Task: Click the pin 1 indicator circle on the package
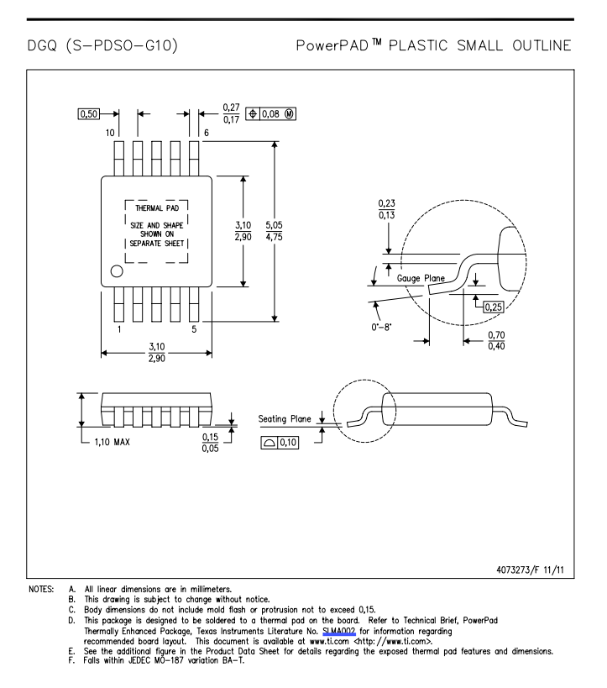[117, 271]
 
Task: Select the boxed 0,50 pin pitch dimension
[89, 114]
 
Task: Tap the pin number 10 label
[110, 133]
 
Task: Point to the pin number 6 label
[207, 133]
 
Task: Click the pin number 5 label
[194, 329]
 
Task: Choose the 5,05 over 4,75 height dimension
[274, 231]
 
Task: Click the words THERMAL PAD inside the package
[157, 208]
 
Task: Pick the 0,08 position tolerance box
[270, 114]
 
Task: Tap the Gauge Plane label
[421, 278]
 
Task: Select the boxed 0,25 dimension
[494, 307]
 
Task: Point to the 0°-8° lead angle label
[381, 328]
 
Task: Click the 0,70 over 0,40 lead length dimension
[496, 340]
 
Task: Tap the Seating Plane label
[285, 419]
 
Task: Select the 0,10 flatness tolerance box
[280, 442]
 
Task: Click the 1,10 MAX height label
[113, 442]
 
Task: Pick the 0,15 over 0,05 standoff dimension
[210, 443]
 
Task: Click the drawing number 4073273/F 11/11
[530, 570]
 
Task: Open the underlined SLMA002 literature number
[338, 632]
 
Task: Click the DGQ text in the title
[42, 45]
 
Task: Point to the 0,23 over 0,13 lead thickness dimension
[386, 209]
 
